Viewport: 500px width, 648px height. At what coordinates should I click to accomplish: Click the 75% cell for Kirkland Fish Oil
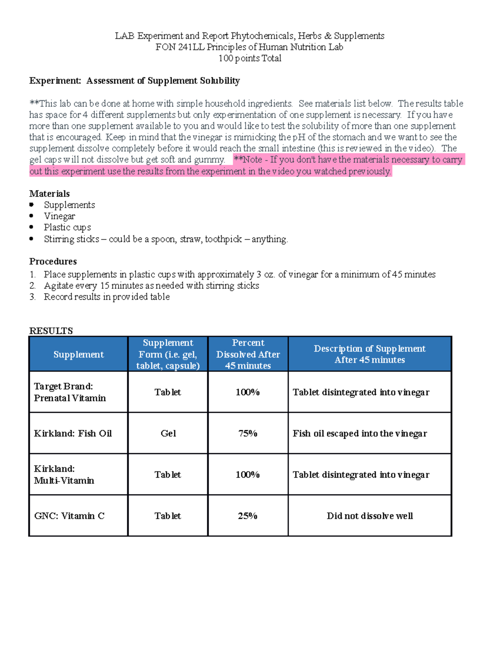pos(247,434)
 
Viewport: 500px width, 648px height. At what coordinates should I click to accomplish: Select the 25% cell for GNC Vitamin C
pos(247,516)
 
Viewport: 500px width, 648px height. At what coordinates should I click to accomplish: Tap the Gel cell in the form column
pos(168,434)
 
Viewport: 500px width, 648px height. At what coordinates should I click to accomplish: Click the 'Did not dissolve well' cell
pos(370,516)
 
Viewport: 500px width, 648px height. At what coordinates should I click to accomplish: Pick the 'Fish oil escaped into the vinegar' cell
pos(360,434)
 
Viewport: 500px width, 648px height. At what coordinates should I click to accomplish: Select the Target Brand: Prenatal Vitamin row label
pos(70,392)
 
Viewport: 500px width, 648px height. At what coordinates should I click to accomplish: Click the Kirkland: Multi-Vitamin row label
pos(64,475)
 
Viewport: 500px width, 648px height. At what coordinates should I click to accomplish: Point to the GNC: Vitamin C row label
pos(69,516)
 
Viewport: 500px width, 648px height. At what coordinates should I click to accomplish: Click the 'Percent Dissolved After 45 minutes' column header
pos(248,354)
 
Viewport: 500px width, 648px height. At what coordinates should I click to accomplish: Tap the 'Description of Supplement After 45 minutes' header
pos(370,354)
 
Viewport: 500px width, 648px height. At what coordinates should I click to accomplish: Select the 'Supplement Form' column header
pos(168,354)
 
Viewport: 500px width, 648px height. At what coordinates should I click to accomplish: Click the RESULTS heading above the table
pos(51,331)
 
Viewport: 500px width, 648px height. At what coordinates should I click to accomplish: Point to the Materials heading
pos(49,194)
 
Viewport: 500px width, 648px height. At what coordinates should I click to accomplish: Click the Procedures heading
pos(53,262)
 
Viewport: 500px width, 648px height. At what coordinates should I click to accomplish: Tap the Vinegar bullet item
pos(60,216)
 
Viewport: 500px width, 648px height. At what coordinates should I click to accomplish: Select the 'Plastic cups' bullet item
pos(67,227)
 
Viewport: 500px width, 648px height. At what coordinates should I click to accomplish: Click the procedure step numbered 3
pos(106,297)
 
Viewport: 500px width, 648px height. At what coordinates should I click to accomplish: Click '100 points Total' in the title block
pos(250,58)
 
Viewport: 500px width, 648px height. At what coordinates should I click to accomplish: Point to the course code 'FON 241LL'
pos(180,47)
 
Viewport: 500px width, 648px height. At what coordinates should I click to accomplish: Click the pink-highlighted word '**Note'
pos(248,160)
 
